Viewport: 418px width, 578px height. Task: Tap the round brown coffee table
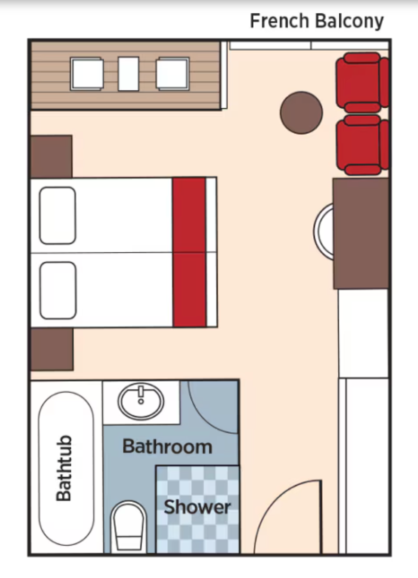pyautogui.click(x=301, y=113)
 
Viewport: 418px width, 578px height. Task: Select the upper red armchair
pyautogui.click(x=362, y=83)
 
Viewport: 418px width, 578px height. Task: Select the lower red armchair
pyautogui.click(x=362, y=145)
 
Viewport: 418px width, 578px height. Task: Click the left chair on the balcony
pyautogui.click(x=87, y=74)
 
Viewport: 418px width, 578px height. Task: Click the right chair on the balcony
pyautogui.click(x=173, y=74)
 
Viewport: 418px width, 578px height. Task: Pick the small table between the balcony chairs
pyautogui.click(x=128, y=74)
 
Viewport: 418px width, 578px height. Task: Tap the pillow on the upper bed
pyautogui.click(x=58, y=215)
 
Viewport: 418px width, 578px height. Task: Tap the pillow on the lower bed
pyautogui.click(x=58, y=290)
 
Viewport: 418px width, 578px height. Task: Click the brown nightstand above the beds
pyautogui.click(x=51, y=156)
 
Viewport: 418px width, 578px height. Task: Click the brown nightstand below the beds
pyautogui.click(x=52, y=349)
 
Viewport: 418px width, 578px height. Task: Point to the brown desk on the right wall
pyautogui.click(x=361, y=233)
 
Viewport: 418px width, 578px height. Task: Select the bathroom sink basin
pyautogui.click(x=141, y=401)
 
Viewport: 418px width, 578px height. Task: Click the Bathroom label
pyautogui.click(x=167, y=446)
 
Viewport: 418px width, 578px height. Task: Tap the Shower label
pyautogui.click(x=197, y=507)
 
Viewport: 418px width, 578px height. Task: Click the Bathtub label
pyautogui.click(x=63, y=468)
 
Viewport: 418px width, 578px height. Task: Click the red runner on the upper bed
pyautogui.click(x=189, y=215)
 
